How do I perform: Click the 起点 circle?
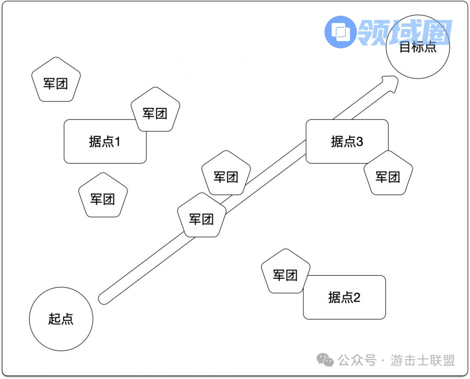pos(61,319)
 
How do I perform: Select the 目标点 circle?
pos(417,47)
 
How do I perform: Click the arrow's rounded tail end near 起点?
pos(104,299)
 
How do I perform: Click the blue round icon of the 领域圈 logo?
pos(340,32)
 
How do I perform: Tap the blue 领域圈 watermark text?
pos(405,32)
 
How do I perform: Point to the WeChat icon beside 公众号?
pos(326,360)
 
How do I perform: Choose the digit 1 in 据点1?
pos(117,141)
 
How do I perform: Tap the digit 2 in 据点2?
pos(357,298)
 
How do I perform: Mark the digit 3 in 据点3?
pos(359,141)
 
